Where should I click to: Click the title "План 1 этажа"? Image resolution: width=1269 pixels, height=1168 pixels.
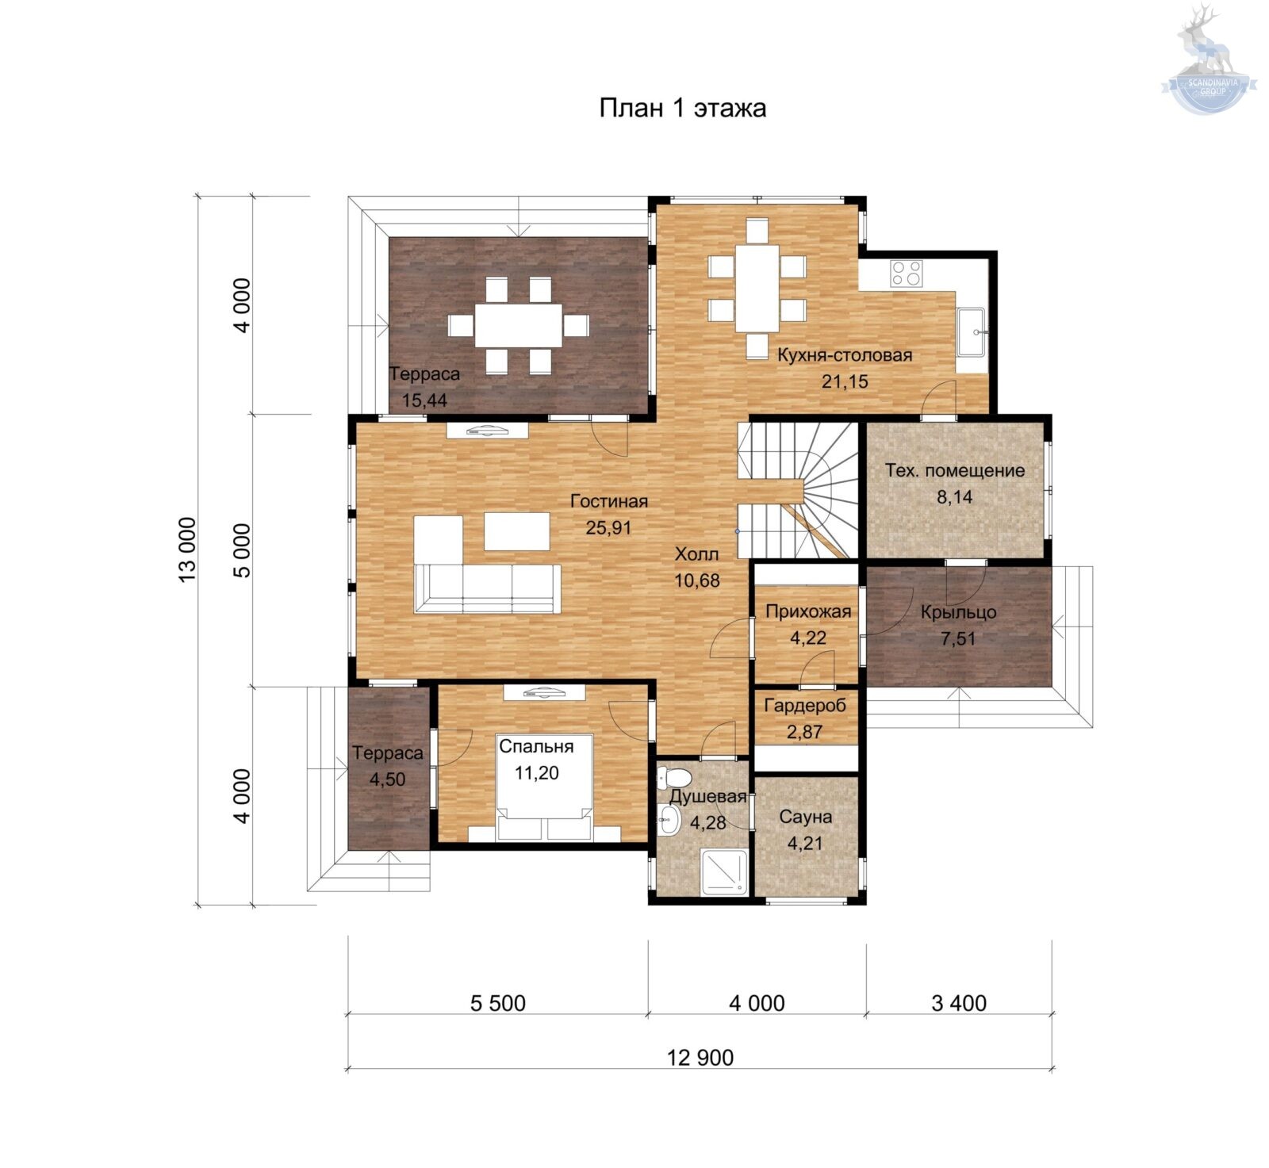[x=682, y=107]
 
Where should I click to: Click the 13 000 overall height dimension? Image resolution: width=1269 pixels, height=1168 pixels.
[x=186, y=550]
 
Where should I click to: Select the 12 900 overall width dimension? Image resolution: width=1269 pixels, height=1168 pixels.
[x=700, y=1058]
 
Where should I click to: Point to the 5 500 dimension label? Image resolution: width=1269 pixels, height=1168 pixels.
[x=498, y=1003]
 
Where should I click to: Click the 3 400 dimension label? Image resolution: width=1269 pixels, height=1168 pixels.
[x=959, y=1003]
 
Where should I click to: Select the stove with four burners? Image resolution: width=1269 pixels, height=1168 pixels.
[x=906, y=273]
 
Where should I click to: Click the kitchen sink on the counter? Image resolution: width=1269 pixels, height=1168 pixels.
[x=971, y=331]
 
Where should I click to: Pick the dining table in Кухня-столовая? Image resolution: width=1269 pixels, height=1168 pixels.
[x=757, y=288]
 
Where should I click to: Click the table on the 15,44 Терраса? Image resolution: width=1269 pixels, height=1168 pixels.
[x=518, y=325]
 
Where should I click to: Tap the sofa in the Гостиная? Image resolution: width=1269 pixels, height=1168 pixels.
[x=487, y=588]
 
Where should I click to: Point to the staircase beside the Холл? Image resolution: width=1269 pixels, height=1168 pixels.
[x=798, y=489]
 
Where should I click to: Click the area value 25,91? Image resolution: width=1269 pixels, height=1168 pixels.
[x=608, y=527]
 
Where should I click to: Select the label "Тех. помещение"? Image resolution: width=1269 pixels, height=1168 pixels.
[x=955, y=470]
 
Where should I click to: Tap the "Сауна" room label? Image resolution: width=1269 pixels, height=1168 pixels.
[x=805, y=817]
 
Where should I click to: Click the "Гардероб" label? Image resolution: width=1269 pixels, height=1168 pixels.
[x=805, y=705]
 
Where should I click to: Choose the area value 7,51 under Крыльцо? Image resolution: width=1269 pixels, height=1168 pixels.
[x=958, y=638]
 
